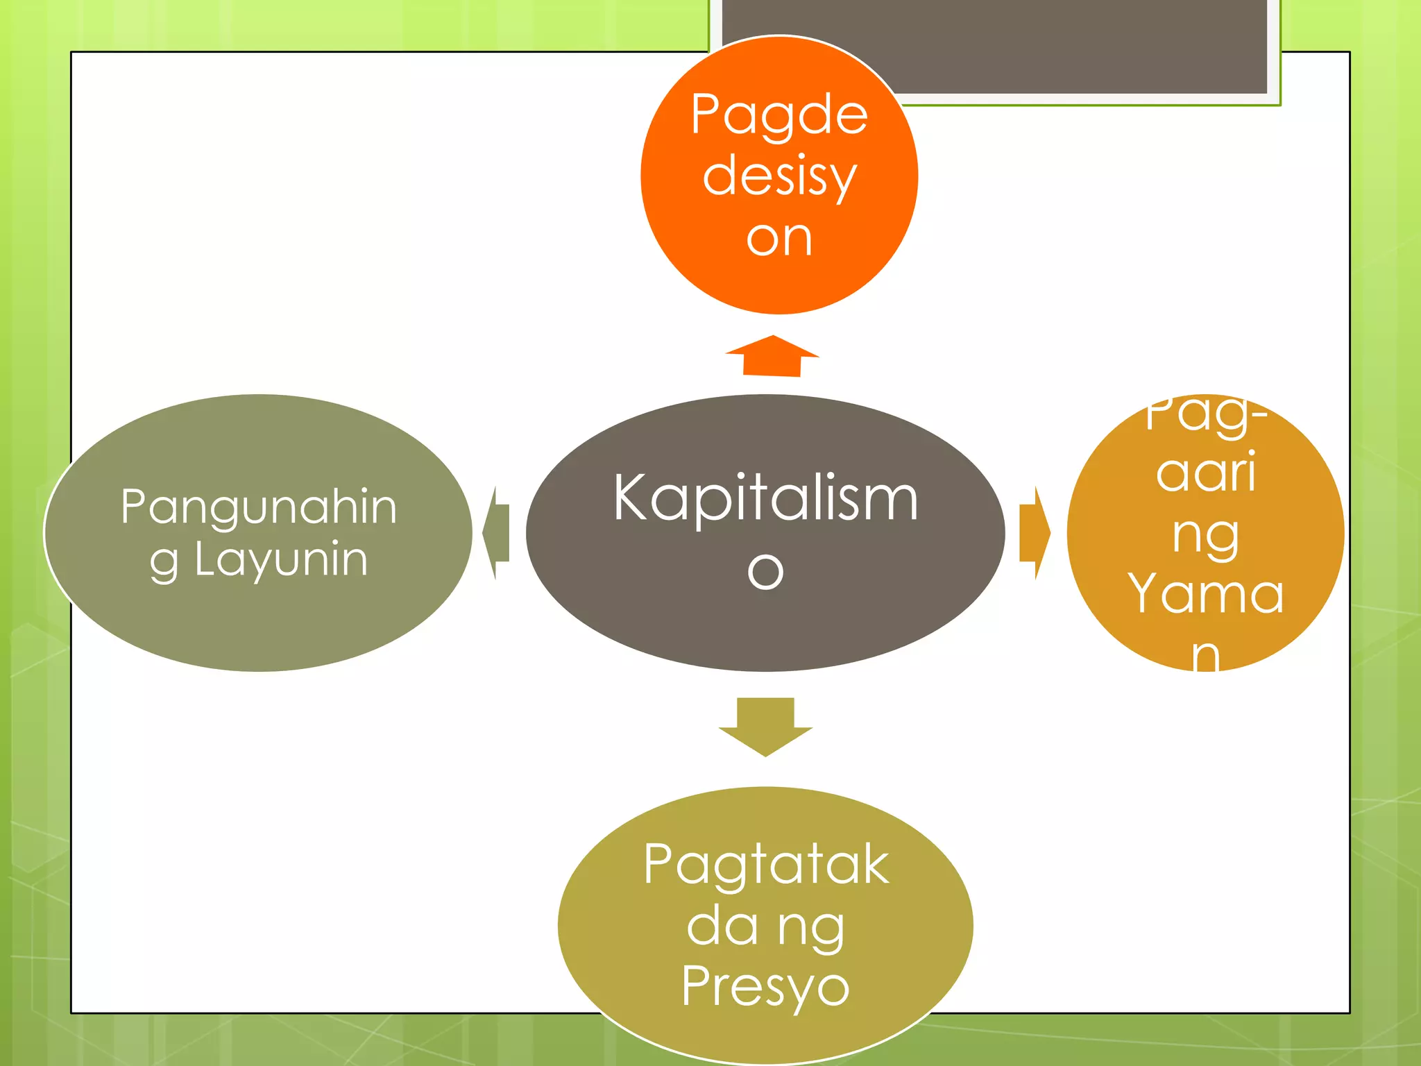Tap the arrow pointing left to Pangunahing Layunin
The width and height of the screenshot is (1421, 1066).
click(497, 533)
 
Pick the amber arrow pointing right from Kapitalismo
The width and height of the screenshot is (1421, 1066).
click(1035, 533)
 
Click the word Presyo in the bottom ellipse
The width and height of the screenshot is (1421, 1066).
click(765, 986)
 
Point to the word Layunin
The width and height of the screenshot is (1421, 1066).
click(281, 559)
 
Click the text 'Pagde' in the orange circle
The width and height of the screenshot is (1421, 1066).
click(779, 115)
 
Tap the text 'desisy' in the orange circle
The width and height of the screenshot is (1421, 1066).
click(779, 176)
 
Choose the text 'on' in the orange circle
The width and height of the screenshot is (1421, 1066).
click(779, 238)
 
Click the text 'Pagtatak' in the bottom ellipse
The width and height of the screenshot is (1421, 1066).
click(765, 864)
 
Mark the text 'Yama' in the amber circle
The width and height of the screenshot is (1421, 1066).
click(1206, 594)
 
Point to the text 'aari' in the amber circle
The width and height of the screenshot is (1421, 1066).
click(1206, 472)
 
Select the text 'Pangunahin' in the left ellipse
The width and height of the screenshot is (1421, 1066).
click(259, 507)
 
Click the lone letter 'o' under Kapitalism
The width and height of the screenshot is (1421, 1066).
click(765, 570)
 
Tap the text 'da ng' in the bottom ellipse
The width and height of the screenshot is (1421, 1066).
click(765, 926)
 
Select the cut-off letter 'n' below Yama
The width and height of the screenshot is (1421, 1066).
click(1206, 656)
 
